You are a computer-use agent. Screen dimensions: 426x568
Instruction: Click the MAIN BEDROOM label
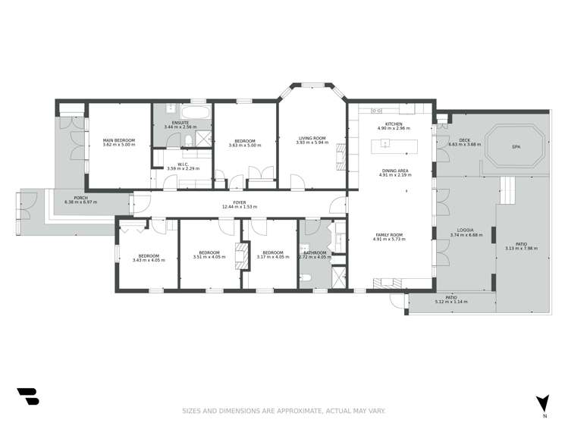pos(119,139)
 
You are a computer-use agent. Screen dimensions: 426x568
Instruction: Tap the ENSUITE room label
pos(180,123)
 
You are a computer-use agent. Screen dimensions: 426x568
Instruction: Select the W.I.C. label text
pos(183,163)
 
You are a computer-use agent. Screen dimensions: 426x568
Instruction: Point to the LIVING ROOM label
pos(313,138)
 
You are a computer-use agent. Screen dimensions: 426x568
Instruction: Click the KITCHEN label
pos(394,124)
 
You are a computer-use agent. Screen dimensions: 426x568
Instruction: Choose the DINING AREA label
pos(394,171)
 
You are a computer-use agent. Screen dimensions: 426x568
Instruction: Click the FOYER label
pos(240,202)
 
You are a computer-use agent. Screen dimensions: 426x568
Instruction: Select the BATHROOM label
pos(315,252)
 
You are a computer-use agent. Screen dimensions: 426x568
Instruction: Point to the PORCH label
pos(71,198)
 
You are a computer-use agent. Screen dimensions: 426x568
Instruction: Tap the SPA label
pos(516,146)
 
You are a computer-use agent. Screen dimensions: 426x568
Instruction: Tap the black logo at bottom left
pos(27,396)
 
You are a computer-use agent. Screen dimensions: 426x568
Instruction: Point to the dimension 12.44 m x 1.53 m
pos(240,207)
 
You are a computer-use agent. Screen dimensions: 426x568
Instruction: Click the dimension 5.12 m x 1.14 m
pos(451,302)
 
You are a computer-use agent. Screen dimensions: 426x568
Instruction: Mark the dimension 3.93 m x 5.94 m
pos(313,143)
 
